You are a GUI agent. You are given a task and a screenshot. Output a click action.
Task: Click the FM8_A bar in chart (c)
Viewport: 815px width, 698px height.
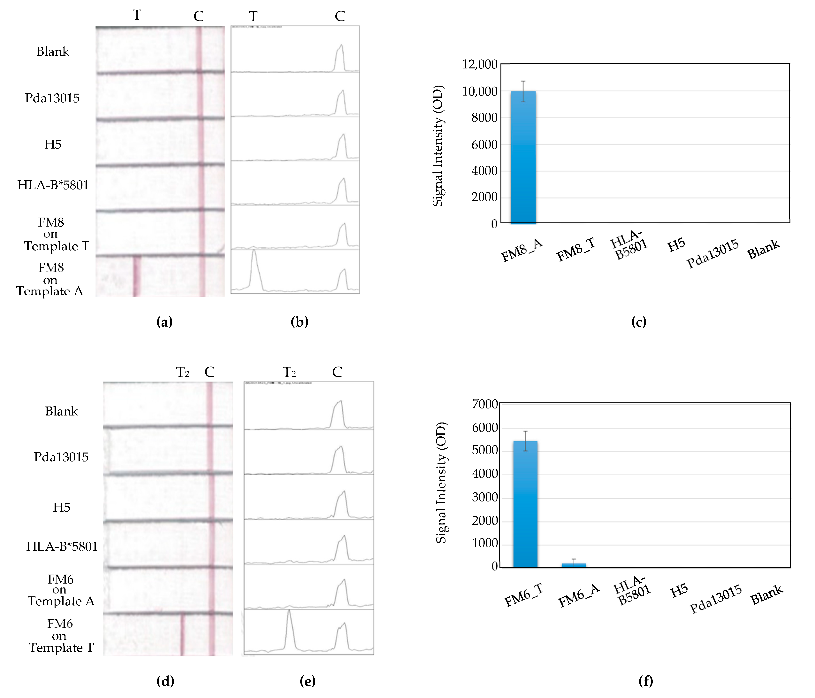click(x=523, y=157)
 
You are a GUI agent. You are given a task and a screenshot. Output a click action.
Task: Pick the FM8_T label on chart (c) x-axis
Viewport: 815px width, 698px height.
click(x=575, y=250)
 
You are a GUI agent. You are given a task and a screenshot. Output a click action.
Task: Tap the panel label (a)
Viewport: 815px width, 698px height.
click(x=164, y=322)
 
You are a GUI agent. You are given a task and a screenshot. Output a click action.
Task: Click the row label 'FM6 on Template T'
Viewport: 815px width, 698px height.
click(x=61, y=635)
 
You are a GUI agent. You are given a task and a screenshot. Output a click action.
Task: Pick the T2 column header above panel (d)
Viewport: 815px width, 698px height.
click(x=183, y=372)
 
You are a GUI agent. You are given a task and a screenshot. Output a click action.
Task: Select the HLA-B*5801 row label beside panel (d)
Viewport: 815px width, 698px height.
click(x=62, y=547)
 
